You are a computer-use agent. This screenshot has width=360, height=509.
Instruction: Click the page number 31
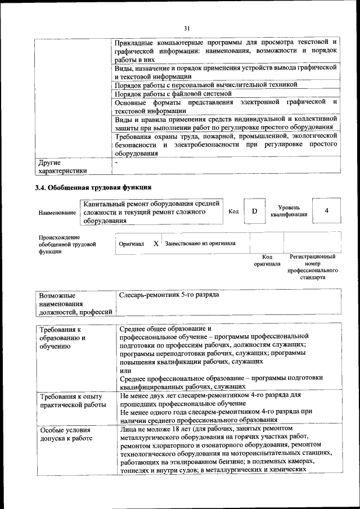click(187, 29)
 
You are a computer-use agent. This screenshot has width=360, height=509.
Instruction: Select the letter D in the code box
click(254, 211)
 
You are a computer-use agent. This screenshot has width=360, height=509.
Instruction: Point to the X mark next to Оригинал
click(156, 244)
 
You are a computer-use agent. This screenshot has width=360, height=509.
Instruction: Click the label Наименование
click(57, 213)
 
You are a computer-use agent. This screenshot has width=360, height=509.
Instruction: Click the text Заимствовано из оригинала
click(200, 244)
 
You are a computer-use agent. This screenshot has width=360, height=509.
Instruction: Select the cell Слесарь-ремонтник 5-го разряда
click(169, 295)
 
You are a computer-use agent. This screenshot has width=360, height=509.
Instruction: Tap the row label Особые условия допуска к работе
click(65, 434)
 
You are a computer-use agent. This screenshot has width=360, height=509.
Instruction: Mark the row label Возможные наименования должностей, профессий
click(74, 303)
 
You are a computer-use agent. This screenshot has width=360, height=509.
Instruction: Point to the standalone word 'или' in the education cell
click(125, 370)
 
